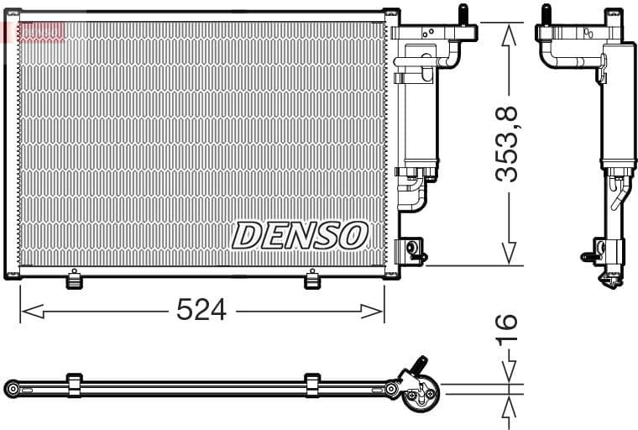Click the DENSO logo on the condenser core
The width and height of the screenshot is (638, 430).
(x=300, y=235)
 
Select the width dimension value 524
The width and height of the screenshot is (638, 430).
(x=201, y=310)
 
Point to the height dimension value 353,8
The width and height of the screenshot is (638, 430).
(x=507, y=144)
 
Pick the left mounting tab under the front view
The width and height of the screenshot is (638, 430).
(x=74, y=279)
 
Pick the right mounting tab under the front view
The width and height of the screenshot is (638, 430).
(x=312, y=279)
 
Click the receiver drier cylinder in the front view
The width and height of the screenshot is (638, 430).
(x=417, y=118)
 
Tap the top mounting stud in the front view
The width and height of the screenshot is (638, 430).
(x=461, y=15)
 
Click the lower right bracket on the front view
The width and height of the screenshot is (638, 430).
(x=411, y=249)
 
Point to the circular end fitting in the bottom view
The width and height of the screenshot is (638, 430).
(x=419, y=396)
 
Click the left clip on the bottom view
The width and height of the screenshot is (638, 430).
(x=74, y=385)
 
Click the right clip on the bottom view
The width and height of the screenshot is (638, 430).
(x=312, y=385)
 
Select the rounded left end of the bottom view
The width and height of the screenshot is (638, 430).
(x=12, y=388)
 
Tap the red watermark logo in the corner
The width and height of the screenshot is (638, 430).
(x=34, y=32)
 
